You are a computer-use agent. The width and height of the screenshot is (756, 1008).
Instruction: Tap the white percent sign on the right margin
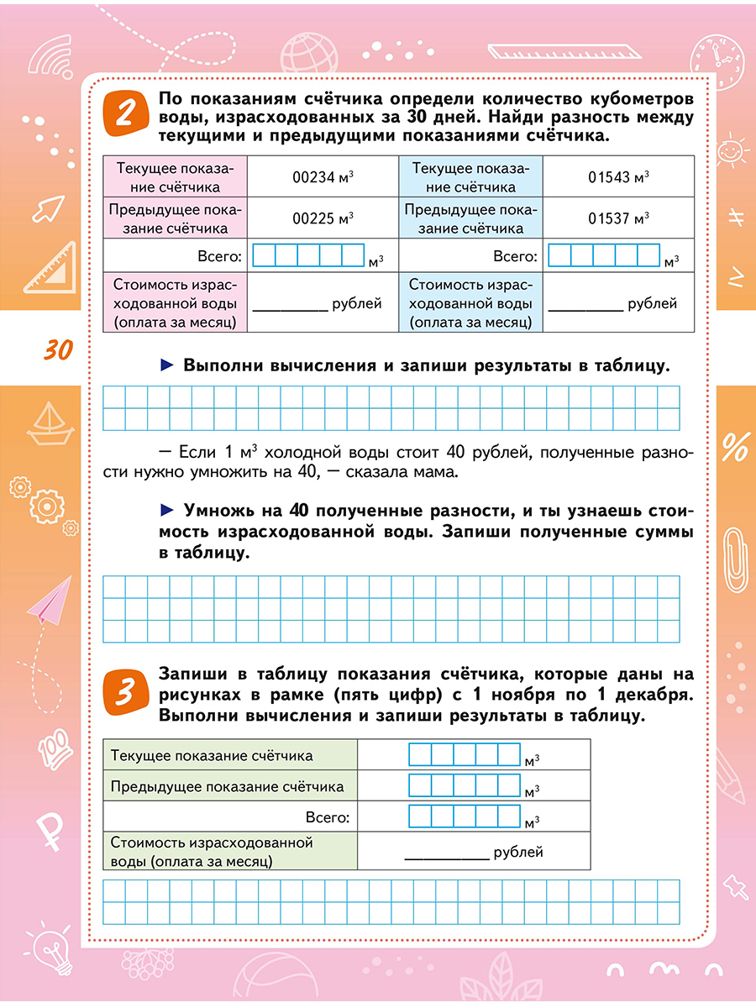(x=734, y=447)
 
